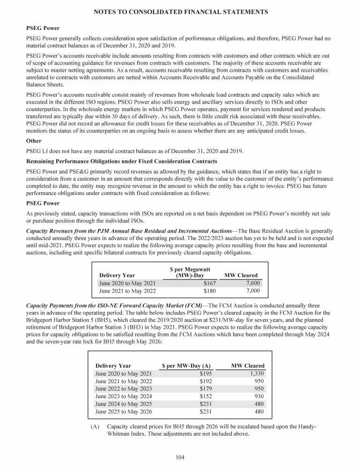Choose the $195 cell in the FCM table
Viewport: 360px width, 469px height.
pos(206,374)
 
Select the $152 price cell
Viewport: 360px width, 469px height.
pos(206,397)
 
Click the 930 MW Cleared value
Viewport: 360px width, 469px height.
pos(258,397)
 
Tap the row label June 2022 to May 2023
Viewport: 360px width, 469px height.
pos(123,389)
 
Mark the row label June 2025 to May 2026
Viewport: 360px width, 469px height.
pos(123,412)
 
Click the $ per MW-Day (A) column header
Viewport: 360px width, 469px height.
pos(186,366)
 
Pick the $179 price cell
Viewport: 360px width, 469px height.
pos(206,389)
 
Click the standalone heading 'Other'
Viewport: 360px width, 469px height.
pos(34,140)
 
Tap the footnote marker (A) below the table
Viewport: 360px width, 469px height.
pos(95,427)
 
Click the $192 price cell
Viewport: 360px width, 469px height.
pos(206,381)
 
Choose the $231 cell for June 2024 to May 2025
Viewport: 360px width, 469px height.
pos(206,404)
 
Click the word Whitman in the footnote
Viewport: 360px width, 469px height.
pos(122,435)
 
